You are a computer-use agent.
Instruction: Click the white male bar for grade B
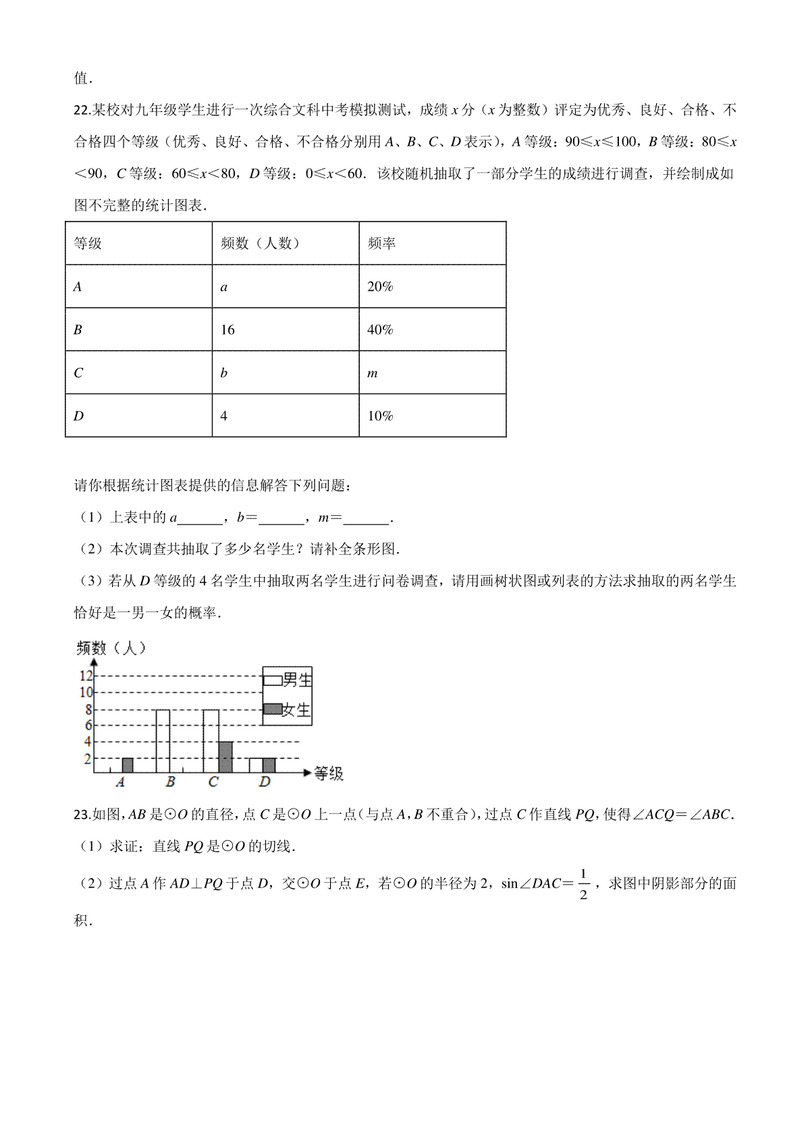click(x=163, y=741)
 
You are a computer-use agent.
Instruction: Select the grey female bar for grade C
click(x=225, y=757)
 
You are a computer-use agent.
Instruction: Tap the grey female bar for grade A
click(x=127, y=765)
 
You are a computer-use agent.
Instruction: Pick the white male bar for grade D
click(x=255, y=765)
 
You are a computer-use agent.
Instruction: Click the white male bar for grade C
click(x=211, y=741)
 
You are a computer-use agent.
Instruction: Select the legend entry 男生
click(x=288, y=680)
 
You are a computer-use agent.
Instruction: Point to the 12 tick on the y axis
click(x=86, y=676)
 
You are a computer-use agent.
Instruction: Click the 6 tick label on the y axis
click(x=88, y=726)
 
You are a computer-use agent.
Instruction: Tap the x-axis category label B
click(x=170, y=782)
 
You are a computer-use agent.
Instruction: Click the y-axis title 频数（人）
click(x=111, y=649)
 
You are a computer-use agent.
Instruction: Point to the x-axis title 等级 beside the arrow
click(x=329, y=773)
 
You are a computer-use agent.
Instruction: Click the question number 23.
click(x=82, y=815)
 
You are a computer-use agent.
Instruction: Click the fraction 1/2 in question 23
click(x=583, y=883)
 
